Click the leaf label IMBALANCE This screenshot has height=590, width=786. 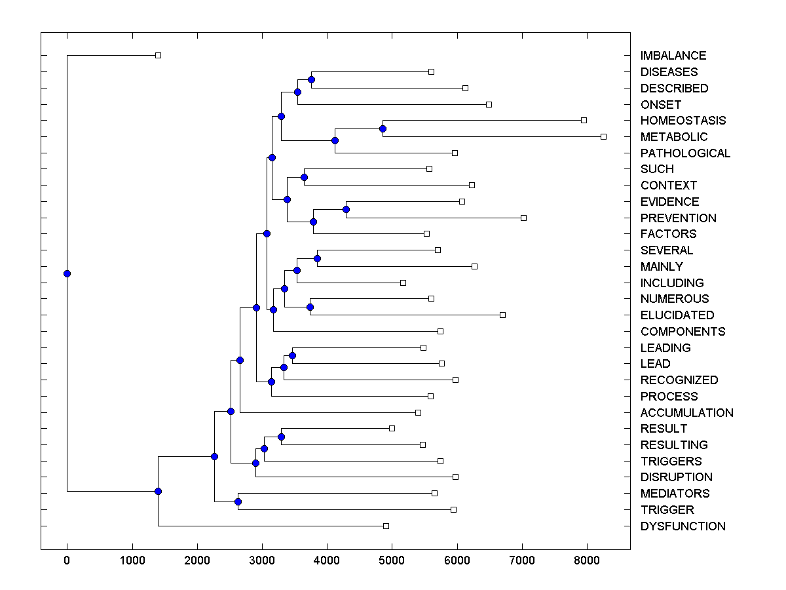tap(673, 56)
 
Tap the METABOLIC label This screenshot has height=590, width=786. tap(674, 137)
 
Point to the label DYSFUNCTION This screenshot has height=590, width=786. tap(683, 526)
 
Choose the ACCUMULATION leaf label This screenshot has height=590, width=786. tap(686, 413)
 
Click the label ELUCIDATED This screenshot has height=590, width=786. tap(677, 315)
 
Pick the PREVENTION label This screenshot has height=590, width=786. tap(679, 218)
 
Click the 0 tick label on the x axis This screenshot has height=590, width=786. tap(67, 560)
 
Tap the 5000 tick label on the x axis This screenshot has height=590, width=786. tap(392, 560)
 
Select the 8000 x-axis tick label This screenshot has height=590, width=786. tap(587, 560)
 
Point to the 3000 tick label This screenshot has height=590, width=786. tap(262, 560)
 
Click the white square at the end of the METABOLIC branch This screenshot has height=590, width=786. tap(603, 136)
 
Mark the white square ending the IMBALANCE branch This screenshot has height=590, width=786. tap(158, 56)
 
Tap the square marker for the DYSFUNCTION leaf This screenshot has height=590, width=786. tap(386, 526)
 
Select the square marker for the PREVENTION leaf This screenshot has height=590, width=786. tap(523, 218)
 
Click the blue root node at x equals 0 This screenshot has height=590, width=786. tap(67, 274)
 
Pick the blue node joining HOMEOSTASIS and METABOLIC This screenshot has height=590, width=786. tap(383, 128)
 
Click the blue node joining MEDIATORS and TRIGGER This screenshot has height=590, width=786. tap(238, 501)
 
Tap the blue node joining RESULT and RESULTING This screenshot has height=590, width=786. tap(281, 437)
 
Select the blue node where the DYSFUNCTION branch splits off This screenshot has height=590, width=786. tap(158, 491)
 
